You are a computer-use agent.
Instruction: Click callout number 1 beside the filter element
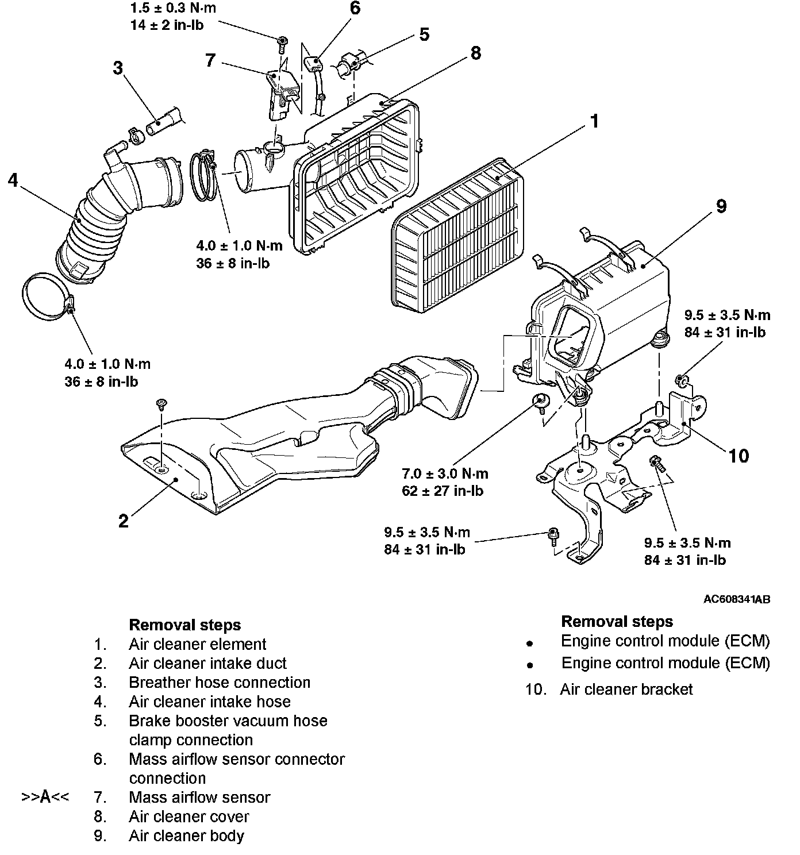pyautogui.click(x=594, y=121)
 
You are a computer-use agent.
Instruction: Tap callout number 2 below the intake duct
pyautogui.click(x=124, y=521)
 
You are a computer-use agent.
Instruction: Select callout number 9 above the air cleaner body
pyautogui.click(x=721, y=206)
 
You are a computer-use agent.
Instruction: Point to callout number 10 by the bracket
pyautogui.click(x=739, y=456)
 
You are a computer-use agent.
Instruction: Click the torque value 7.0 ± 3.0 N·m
pyautogui.click(x=445, y=474)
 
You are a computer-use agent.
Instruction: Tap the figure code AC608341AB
pyautogui.click(x=737, y=599)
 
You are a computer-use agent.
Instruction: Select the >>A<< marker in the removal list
pyautogui.click(x=45, y=798)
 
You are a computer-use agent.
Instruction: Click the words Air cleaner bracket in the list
pyautogui.click(x=626, y=690)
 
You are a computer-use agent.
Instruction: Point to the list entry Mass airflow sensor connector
pyautogui.click(x=236, y=759)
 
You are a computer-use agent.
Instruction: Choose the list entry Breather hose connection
pyautogui.click(x=220, y=683)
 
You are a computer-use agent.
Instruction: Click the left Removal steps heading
pyautogui.click(x=184, y=625)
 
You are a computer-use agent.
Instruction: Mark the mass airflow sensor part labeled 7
pyautogui.click(x=280, y=92)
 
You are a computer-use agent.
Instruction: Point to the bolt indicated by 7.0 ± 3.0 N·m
pyautogui.click(x=541, y=400)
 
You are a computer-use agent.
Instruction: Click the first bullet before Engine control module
pyautogui.click(x=530, y=644)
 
